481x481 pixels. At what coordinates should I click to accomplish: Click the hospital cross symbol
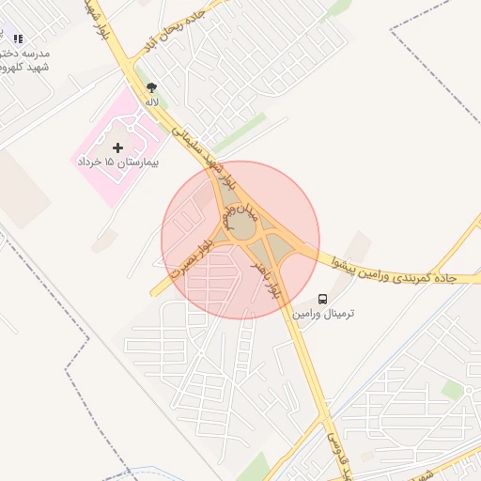tap(117, 147)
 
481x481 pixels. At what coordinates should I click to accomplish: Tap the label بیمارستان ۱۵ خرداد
tap(118, 163)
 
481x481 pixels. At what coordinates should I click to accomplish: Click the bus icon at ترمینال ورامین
tap(323, 299)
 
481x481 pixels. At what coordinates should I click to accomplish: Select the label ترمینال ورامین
tap(324, 312)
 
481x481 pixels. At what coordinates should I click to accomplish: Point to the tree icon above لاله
tap(151, 87)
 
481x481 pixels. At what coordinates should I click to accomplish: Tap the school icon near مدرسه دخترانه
tap(18, 39)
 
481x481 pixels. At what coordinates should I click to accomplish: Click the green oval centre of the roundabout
tap(242, 226)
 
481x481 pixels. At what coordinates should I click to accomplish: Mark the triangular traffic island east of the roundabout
tap(281, 248)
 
